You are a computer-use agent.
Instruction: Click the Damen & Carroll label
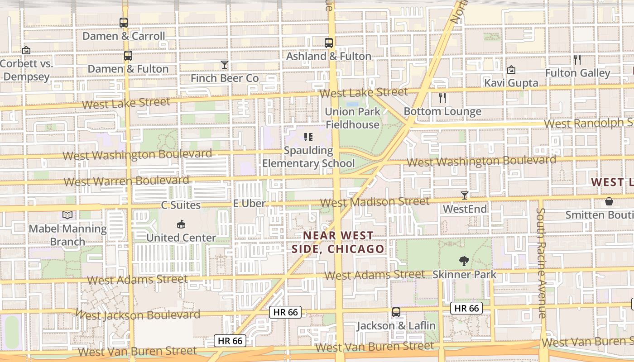click(x=124, y=36)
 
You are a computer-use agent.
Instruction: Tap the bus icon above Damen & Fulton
click(x=128, y=56)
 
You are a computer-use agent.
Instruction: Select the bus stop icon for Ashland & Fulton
click(x=329, y=43)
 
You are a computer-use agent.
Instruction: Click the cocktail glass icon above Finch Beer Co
click(x=225, y=65)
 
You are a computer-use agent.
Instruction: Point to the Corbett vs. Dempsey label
click(x=26, y=70)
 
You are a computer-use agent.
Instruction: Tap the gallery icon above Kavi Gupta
click(x=511, y=70)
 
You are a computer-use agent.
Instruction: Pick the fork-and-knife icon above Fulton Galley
click(x=577, y=59)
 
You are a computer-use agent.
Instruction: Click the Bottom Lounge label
click(x=442, y=111)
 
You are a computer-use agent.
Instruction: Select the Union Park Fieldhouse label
click(x=353, y=118)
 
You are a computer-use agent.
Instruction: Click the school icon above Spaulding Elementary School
click(x=308, y=137)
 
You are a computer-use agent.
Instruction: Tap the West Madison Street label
click(x=375, y=202)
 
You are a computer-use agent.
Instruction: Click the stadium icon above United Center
click(x=181, y=224)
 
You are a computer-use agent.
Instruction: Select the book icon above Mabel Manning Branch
click(x=67, y=215)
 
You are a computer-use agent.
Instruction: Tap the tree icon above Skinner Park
click(x=464, y=261)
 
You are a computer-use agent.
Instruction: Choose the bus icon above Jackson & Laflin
click(x=396, y=312)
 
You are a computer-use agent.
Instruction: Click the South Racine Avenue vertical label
click(x=541, y=262)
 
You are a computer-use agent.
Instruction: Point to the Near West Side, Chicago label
click(x=338, y=242)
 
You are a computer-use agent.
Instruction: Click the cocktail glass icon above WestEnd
click(x=465, y=195)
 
